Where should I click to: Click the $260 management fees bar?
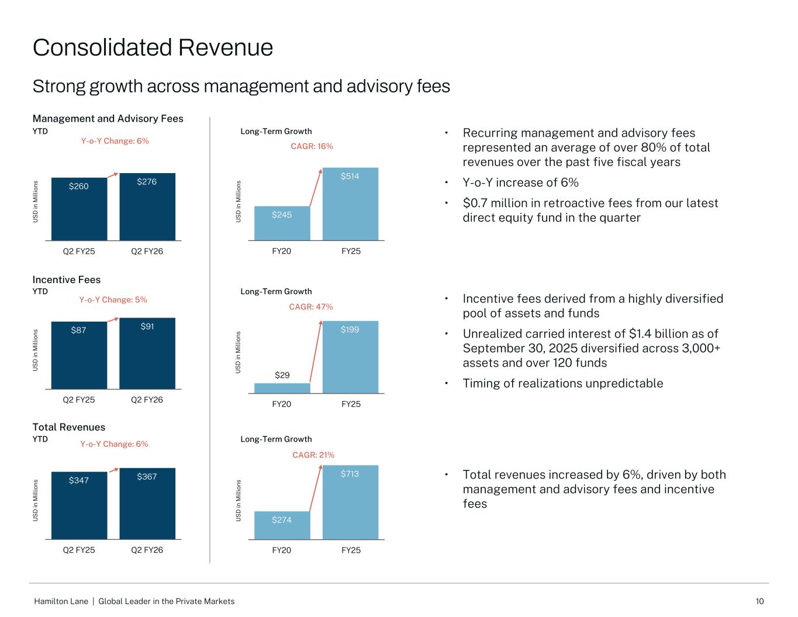(x=79, y=209)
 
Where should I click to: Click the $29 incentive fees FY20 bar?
(x=282, y=388)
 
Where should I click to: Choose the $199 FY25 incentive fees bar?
(x=350, y=357)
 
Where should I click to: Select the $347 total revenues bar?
(x=79, y=505)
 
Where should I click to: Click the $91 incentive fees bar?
(x=147, y=353)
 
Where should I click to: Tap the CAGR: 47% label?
(x=311, y=306)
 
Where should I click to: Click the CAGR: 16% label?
(x=312, y=146)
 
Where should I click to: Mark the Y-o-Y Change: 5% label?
(x=113, y=299)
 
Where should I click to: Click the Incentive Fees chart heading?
(x=67, y=280)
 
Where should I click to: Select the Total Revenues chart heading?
(x=69, y=427)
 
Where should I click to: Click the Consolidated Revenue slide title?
(x=153, y=47)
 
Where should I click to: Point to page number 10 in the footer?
(x=759, y=601)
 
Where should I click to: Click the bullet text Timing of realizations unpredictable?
(x=563, y=383)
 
